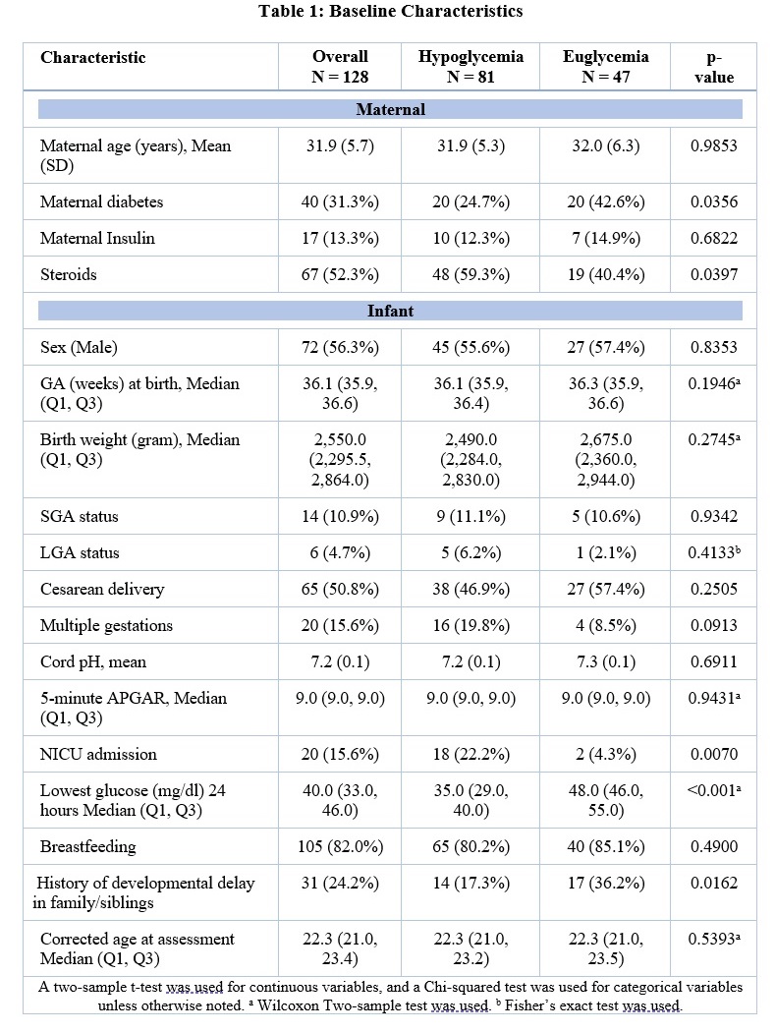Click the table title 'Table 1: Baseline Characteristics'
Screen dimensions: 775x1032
tap(390, 11)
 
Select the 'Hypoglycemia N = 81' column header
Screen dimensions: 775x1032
tap(471, 67)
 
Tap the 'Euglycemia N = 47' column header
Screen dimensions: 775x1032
tap(605, 67)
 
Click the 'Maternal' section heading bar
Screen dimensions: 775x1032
tap(390, 109)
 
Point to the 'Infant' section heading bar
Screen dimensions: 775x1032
tap(390, 311)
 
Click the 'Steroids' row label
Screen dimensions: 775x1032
tap(69, 274)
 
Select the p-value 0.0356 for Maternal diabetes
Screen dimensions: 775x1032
tap(714, 202)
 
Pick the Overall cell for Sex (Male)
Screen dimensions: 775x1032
tap(340, 348)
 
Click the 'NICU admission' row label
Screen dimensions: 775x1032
tap(98, 754)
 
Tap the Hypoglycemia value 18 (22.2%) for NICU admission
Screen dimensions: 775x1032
tap(471, 754)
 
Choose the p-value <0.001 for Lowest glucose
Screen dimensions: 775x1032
tap(714, 790)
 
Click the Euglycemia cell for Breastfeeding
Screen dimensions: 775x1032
tap(606, 846)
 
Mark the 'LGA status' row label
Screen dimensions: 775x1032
tap(80, 552)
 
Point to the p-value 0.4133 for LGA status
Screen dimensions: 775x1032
tap(714, 552)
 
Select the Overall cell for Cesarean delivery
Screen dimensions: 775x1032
tap(340, 589)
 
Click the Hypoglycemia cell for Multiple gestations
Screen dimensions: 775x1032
tap(471, 625)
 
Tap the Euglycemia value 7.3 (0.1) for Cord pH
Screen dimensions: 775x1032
tap(606, 662)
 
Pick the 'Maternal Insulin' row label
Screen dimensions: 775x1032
tap(97, 238)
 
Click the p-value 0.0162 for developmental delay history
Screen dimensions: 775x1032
tap(714, 884)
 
